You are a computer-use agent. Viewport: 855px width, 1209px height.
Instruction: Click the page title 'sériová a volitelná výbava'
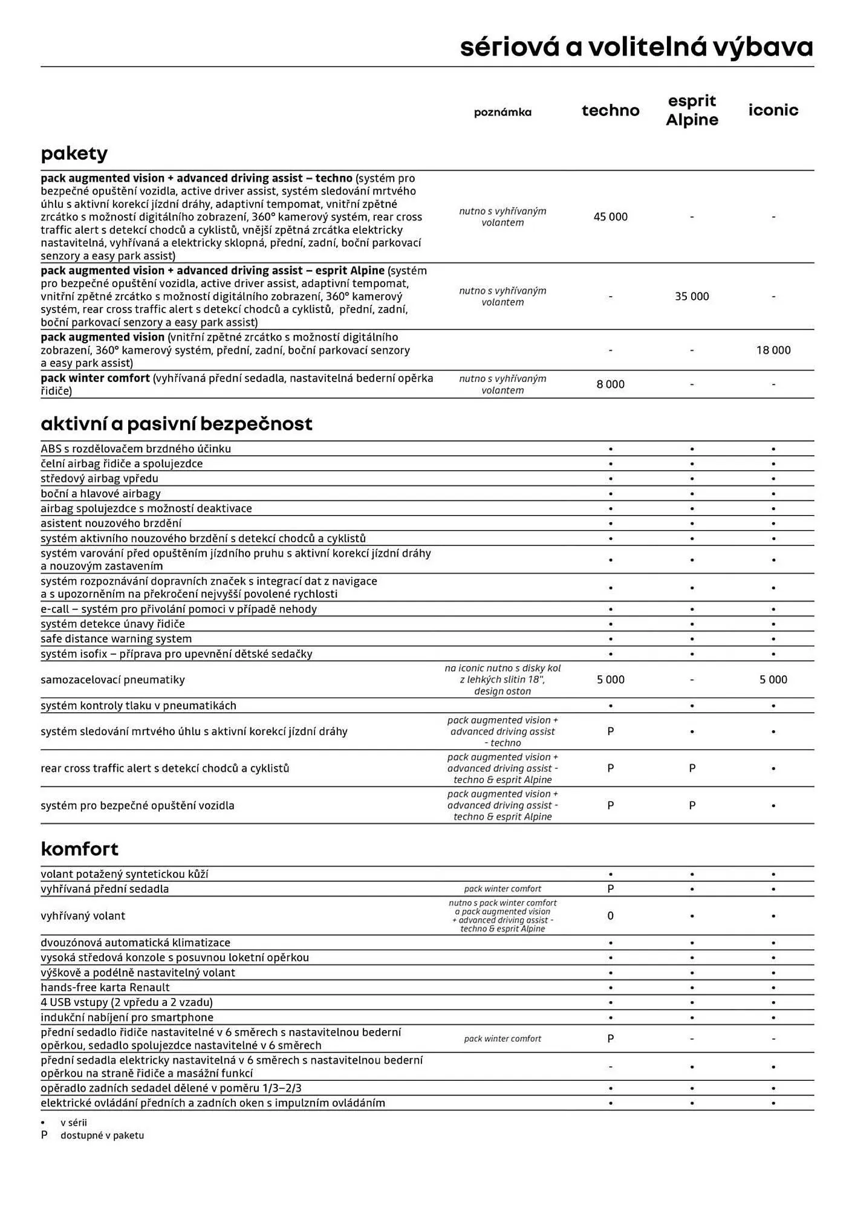pyautogui.click(x=636, y=47)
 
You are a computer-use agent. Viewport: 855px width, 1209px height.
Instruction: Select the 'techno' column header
pyautogui.click(x=610, y=111)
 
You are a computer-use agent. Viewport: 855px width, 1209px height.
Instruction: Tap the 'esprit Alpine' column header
pyautogui.click(x=692, y=110)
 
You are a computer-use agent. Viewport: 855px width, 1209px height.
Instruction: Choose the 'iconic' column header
pyautogui.click(x=773, y=110)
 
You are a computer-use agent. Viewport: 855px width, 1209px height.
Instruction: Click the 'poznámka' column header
pyautogui.click(x=502, y=112)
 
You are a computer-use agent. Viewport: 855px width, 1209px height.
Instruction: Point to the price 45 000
pyautogui.click(x=610, y=217)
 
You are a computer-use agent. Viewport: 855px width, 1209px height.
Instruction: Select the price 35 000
pyautogui.click(x=692, y=297)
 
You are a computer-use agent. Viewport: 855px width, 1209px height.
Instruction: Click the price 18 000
pyautogui.click(x=773, y=350)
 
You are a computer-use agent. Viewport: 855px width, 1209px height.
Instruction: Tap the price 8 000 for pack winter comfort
pyautogui.click(x=610, y=384)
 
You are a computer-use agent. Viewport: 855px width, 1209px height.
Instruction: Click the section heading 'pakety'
pyautogui.click(x=74, y=154)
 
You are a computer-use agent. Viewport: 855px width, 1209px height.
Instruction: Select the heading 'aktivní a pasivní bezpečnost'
pyautogui.click(x=176, y=424)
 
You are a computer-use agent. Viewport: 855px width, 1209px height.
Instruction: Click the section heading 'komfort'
pyautogui.click(x=79, y=849)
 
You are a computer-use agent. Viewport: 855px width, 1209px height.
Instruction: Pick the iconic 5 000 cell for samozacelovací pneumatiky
pyautogui.click(x=773, y=679)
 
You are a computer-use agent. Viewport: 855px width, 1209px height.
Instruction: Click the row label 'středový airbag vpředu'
pyautogui.click(x=99, y=479)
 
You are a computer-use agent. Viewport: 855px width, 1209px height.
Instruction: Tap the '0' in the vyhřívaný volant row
pyautogui.click(x=610, y=916)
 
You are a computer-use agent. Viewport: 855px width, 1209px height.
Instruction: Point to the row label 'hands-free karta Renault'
pyautogui.click(x=105, y=987)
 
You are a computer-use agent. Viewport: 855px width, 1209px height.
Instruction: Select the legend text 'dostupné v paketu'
pyautogui.click(x=102, y=1135)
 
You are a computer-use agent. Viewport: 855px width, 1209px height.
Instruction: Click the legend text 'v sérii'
pyautogui.click(x=74, y=1123)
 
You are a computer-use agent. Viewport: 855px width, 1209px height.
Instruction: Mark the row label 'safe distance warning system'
pyautogui.click(x=116, y=639)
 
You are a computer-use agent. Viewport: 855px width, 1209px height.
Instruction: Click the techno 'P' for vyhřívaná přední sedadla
pyautogui.click(x=610, y=889)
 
